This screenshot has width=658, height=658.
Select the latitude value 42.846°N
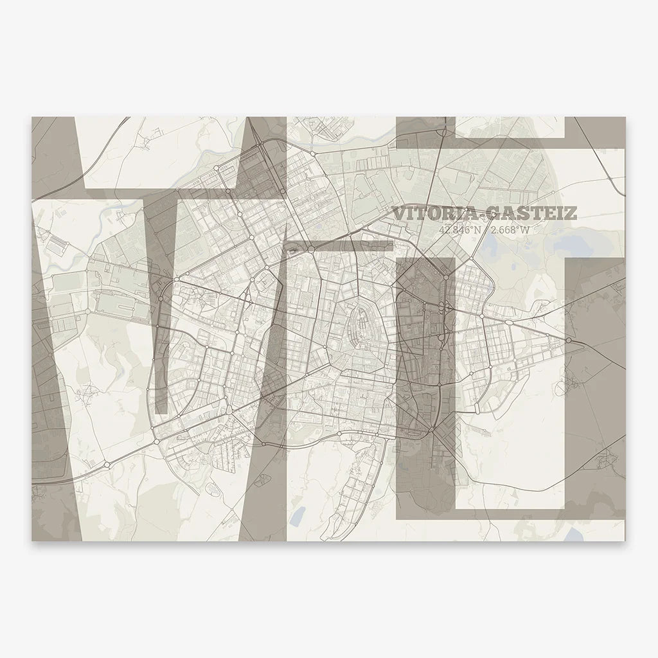pyautogui.click(x=459, y=230)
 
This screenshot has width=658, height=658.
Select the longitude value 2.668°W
pyautogui.click(x=511, y=230)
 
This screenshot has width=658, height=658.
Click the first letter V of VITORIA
pyautogui.click(x=400, y=213)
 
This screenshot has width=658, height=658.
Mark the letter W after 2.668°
pyautogui.click(x=529, y=230)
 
